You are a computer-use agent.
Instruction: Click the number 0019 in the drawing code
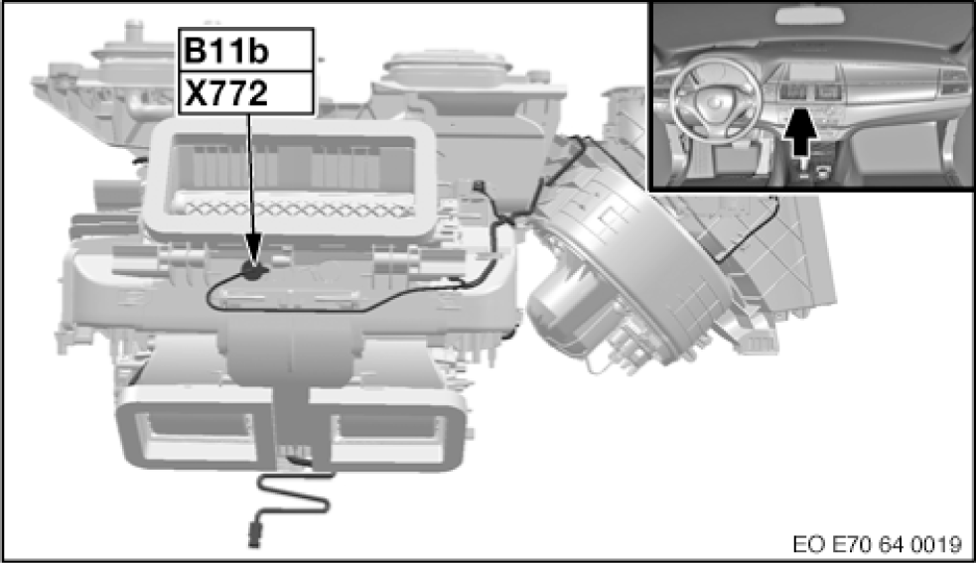click(936, 543)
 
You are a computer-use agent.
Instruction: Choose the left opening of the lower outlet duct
click(198, 429)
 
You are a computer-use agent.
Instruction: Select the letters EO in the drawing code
click(807, 543)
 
